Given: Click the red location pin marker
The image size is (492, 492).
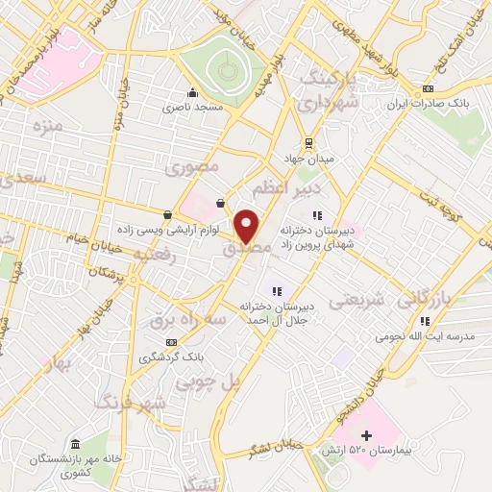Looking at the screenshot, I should (247, 226).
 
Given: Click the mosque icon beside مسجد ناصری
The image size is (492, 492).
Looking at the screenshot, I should (193, 93).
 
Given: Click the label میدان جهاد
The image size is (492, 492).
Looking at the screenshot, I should (307, 157).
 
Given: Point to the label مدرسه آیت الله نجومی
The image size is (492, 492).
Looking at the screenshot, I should (420, 338).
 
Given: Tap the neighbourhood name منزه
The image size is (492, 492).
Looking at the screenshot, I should (47, 126).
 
